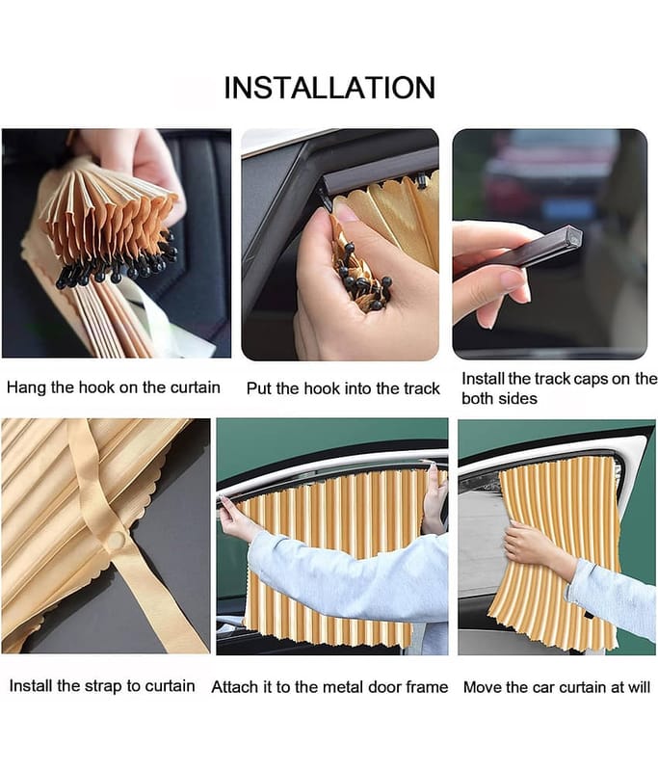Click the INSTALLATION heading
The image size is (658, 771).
click(x=329, y=88)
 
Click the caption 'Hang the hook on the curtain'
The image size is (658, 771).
click(x=114, y=387)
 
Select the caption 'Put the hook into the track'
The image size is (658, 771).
click(x=343, y=388)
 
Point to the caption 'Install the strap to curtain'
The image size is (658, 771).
click(x=102, y=686)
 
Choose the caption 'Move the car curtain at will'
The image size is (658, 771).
click(x=557, y=687)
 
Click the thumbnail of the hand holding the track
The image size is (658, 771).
click(x=550, y=244)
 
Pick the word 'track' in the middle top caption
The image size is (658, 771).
click(x=421, y=388)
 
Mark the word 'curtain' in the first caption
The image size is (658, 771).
click(x=196, y=387)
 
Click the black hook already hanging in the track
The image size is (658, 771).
click(x=422, y=181)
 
